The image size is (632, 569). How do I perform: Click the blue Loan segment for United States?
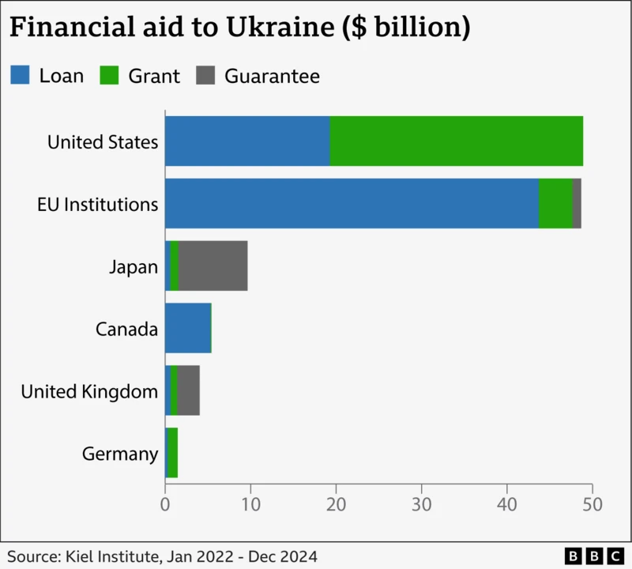click(247, 141)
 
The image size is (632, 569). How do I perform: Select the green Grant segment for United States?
click(456, 141)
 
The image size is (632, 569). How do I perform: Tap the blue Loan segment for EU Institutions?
click(352, 204)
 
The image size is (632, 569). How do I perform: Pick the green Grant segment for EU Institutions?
click(555, 204)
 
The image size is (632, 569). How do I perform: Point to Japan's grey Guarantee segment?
click(213, 266)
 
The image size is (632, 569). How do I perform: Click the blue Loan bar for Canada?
click(188, 329)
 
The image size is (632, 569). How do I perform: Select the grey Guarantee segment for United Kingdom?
click(189, 391)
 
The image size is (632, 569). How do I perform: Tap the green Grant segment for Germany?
click(173, 454)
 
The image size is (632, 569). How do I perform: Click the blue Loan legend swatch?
click(21, 76)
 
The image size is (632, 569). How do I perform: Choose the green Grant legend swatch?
click(109, 76)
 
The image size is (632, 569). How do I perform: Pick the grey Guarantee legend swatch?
click(206, 76)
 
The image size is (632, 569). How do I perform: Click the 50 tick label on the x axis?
click(592, 503)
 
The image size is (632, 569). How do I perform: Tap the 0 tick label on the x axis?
click(165, 503)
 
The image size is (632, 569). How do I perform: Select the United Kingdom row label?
click(89, 391)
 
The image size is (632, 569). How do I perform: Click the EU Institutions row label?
click(97, 204)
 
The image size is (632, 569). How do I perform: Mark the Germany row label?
click(120, 454)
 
